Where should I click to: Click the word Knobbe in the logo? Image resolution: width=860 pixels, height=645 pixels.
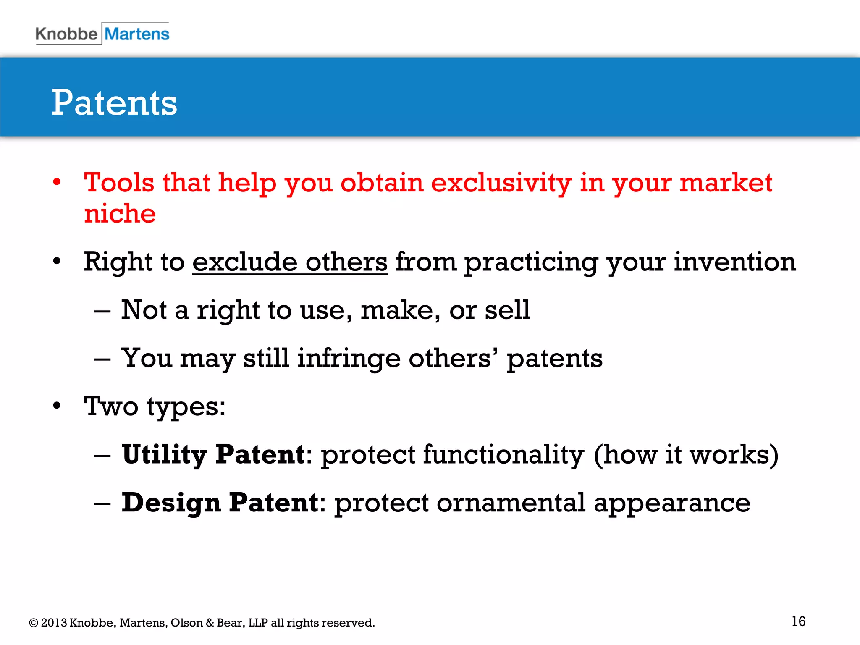click(x=66, y=34)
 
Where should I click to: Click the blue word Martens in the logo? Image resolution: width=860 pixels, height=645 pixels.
click(x=137, y=34)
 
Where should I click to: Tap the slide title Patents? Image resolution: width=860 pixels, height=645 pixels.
click(x=114, y=103)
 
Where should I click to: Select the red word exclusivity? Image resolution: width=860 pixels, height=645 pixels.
click(x=501, y=183)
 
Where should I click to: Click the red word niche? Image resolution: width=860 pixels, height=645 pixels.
click(x=120, y=214)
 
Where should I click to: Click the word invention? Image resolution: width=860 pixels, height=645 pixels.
click(x=735, y=262)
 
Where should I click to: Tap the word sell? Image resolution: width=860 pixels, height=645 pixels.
click(x=507, y=310)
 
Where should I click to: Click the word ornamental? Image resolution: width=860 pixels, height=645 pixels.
click(x=511, y=503)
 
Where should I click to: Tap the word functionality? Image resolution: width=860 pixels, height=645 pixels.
click(x=503, y=455)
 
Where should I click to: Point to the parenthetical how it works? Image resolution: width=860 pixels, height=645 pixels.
click(x=686, y=455)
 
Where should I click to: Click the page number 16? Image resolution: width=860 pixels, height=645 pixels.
click(x=798, y=621)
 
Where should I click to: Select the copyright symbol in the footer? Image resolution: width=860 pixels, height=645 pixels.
click(x=33, y=623)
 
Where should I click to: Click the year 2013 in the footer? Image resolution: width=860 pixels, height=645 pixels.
click(x=54, y=623)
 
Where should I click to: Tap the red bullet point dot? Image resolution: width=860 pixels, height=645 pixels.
click(x=57, y=183)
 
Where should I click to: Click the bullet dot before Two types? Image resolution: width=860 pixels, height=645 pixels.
click(x=57, y=406)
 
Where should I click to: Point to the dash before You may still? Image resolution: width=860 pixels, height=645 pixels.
click(x=102, y=359)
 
